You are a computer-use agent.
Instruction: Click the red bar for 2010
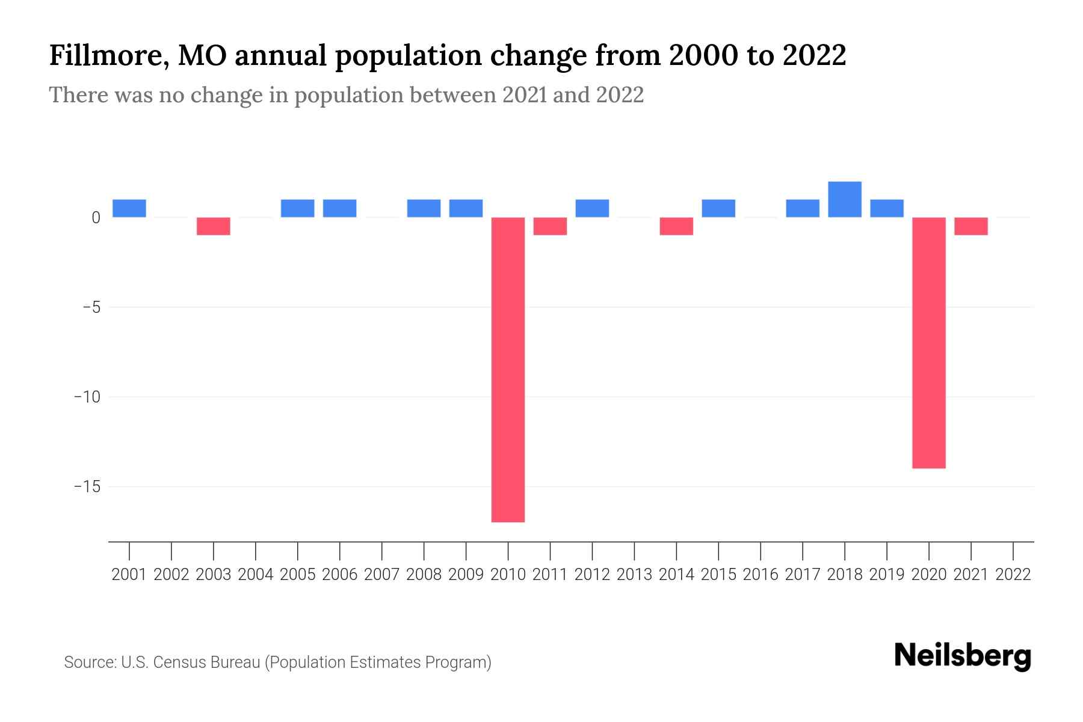point(508,369)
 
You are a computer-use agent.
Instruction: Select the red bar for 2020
point(928,342)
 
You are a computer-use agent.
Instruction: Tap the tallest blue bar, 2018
point(844,199)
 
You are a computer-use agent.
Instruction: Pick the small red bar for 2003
point(214,226)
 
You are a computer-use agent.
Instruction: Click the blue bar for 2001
point(129,208)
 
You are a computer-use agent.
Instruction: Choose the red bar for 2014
point(676,226)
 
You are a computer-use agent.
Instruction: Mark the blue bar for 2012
point(592,208)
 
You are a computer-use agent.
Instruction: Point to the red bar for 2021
point(970,226)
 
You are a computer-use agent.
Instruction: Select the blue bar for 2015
point(718,208)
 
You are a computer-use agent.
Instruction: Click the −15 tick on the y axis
point(87,486)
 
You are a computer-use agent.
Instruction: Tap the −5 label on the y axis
point(87,307)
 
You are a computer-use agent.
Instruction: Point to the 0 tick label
point(96,218)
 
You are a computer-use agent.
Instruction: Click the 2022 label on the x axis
point(1013,575)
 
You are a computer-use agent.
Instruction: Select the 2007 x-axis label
point(382,575)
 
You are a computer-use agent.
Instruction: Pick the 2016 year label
point(761,575)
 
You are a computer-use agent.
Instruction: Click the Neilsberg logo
point(963,656)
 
